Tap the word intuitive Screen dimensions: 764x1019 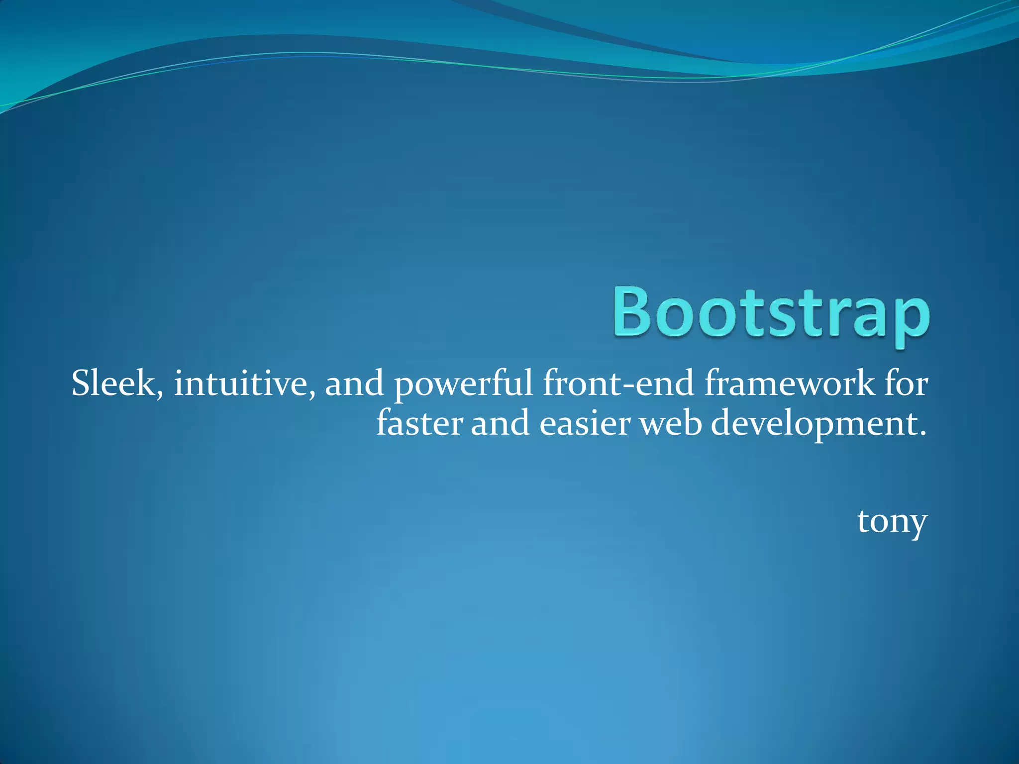(241, 384)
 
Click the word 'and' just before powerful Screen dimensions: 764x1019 (354, 384)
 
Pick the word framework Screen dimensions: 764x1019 (789, 384)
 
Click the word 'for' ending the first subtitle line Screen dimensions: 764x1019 (906, 384)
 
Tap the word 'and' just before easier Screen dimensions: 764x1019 (500, 424)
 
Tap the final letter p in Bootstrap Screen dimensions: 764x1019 (911, 321)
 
